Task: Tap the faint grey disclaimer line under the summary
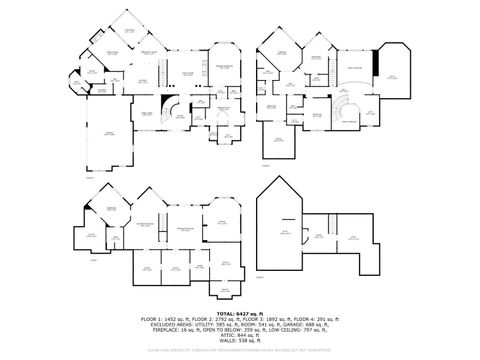(x=240, y=351)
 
